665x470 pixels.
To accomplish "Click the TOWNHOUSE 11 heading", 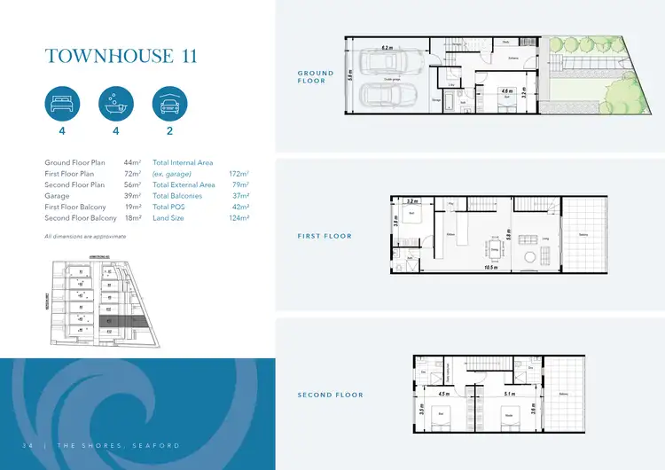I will [121, 56].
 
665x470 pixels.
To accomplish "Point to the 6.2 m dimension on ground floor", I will [387, 46].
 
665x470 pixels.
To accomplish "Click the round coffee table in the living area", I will [530, 257].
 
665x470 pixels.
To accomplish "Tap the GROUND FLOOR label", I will [317, 77].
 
